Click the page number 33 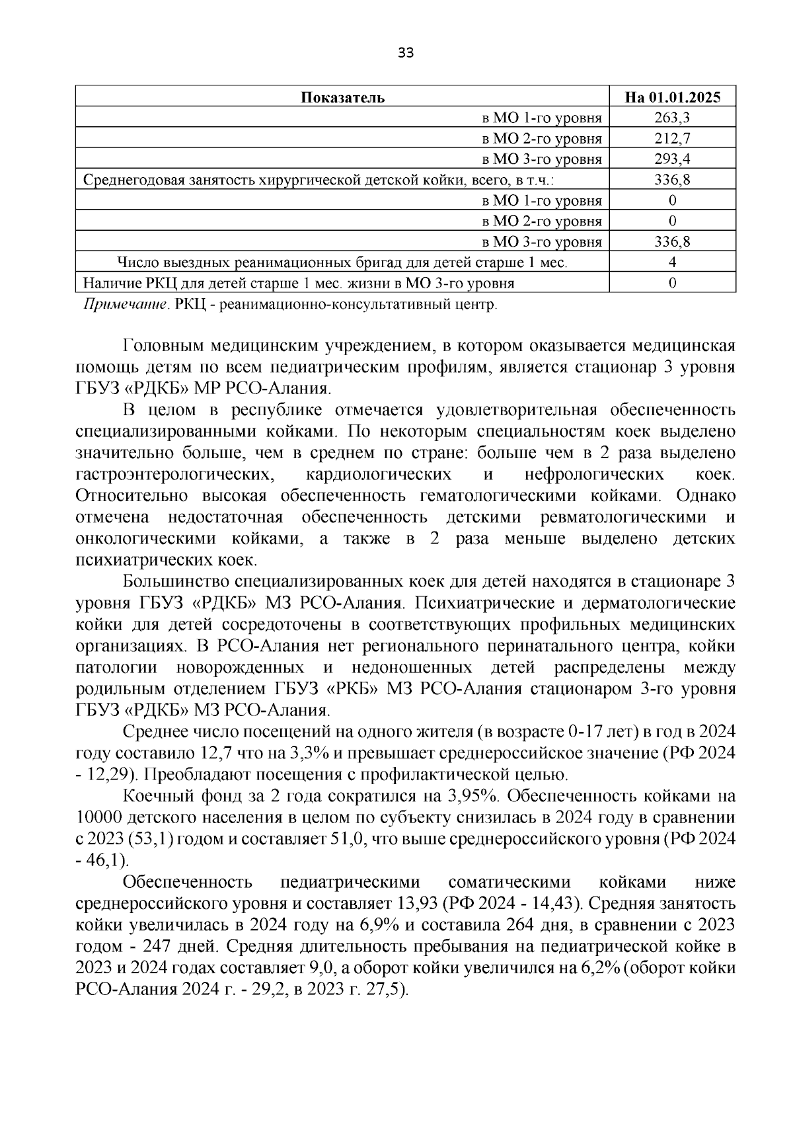(x=406, y=54)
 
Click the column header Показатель (x=342, y=98)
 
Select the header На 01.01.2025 (x=672, y=98)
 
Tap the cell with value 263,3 (x=672, y=118)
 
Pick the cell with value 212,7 (x=672, y=139)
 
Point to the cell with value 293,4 (x=672, y=159)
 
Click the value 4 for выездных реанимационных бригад (x=672, y=262)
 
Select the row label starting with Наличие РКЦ (x=298, y=284)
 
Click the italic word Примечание (x=124, y=305)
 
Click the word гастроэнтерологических (x=174, y=475)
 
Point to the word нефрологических (x=594, y=475)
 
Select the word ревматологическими (x=623, y=517)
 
